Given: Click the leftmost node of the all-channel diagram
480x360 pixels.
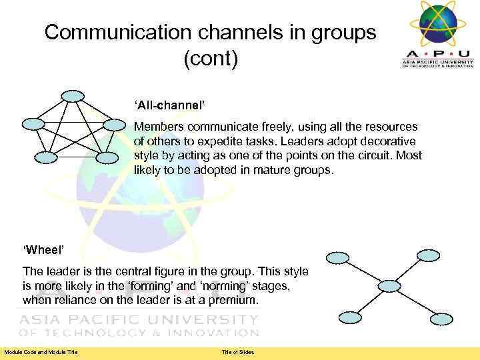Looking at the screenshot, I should tap(33, 123).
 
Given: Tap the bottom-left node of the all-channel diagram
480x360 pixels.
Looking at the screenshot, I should tap(47, 157).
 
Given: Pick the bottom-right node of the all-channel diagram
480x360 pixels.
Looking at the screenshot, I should tap(106, 158).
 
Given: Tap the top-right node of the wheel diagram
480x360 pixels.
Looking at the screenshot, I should tap(427, 255).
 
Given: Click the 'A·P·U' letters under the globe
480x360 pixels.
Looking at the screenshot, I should tap(437, 53).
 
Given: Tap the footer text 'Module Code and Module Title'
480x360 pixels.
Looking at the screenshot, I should tap(41, 352).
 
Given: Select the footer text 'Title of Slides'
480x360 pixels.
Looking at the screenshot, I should tap(238, 352).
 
